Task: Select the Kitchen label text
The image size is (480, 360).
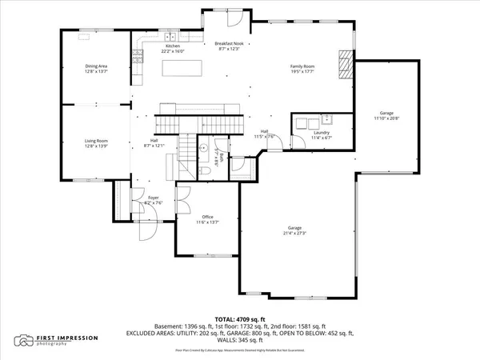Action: coord(174,47)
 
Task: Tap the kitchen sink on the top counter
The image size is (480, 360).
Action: coord(170,37)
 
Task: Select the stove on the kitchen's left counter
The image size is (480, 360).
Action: coord(137,55)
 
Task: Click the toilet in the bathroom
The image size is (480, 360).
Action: coord(205,173)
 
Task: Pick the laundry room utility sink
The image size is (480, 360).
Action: coord(326,121)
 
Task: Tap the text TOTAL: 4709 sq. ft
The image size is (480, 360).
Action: coord(240,319)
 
